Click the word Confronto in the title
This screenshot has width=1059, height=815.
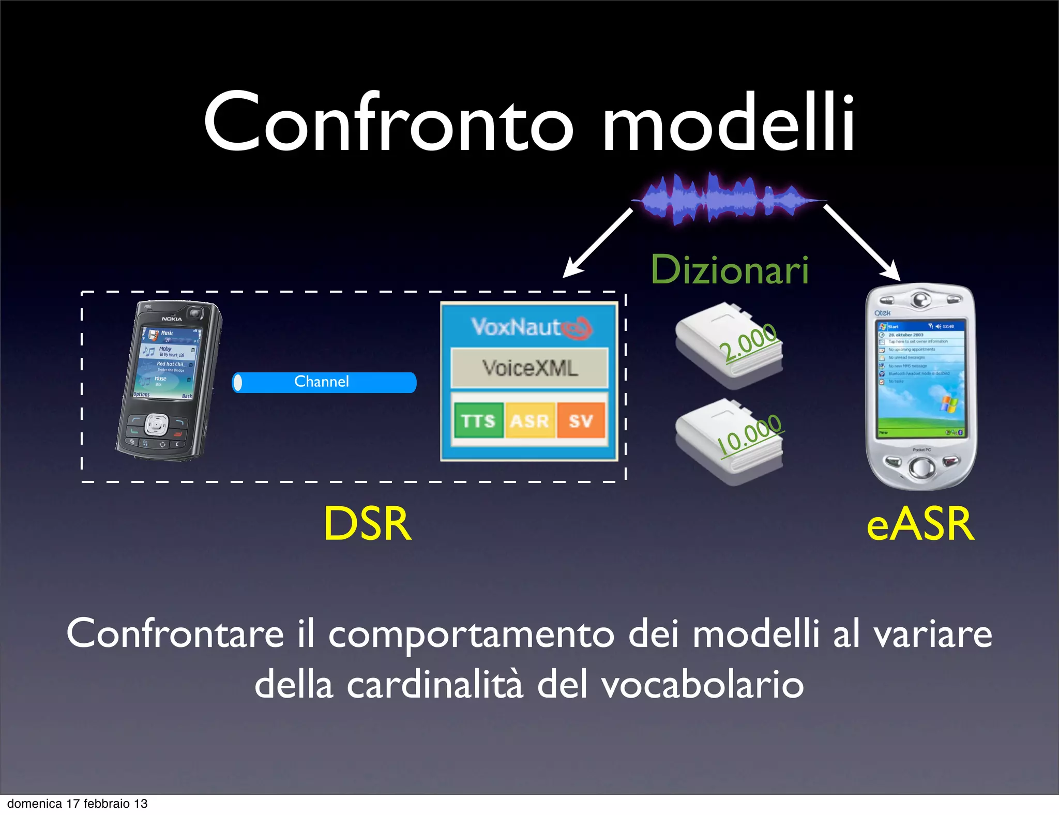(x=388, y=123)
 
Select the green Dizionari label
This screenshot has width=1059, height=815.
(x=729, y=270)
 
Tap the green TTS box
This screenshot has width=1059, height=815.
(x=478, y=420)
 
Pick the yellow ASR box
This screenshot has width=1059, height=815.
(x=529, y=420)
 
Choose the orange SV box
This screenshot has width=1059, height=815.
(x=580, y=420)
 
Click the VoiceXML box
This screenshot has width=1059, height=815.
(x=529, y=368)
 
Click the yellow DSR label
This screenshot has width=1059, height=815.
(x=368, y=524)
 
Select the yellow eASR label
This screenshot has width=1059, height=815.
(x=920, y=524)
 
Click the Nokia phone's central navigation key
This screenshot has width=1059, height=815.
(x=155, y=425)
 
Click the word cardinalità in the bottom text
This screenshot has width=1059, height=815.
(x=434, y=685)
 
